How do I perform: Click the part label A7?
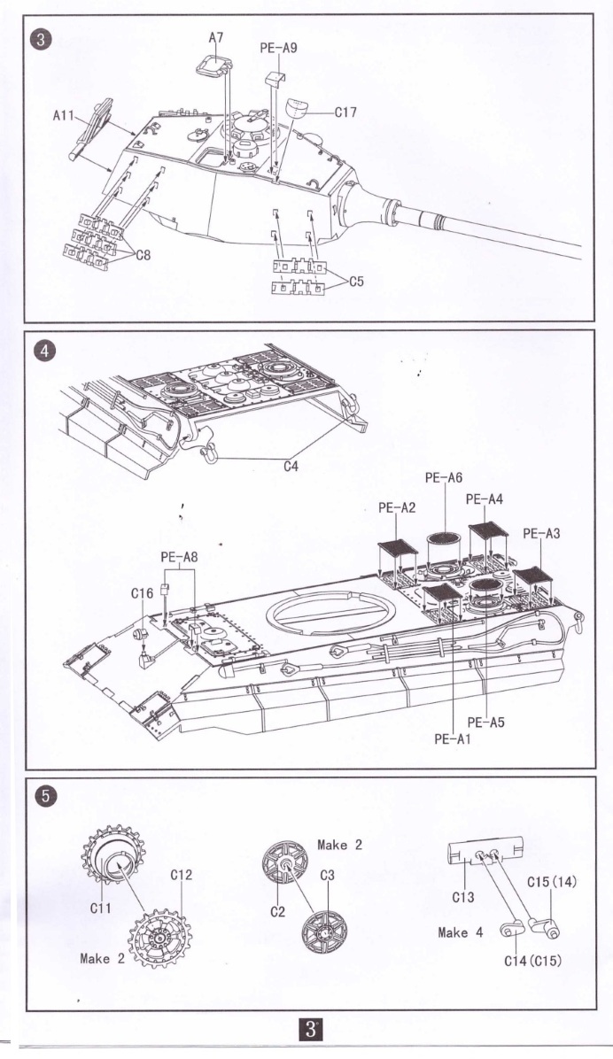pyautogui.click(x=216, y=38)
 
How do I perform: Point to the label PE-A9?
pyautogui.click(x=278, y=50)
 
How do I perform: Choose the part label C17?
pyautogui.click(x=345, y=112)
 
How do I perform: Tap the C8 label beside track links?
pyautogui.click(x=142, y=255)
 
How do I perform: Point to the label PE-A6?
pyautogui.click(x=443, y=477)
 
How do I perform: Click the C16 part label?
pyautogui.click(x=142, y=593)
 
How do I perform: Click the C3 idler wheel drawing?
pyautogui.click(x=323, y=929)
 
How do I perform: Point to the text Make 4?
pyautogui.click(x=460, y=932)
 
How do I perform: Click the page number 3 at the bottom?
pyautogui.click(x=311, y=1030)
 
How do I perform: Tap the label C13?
pyautogui.click(x=462, y=897)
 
